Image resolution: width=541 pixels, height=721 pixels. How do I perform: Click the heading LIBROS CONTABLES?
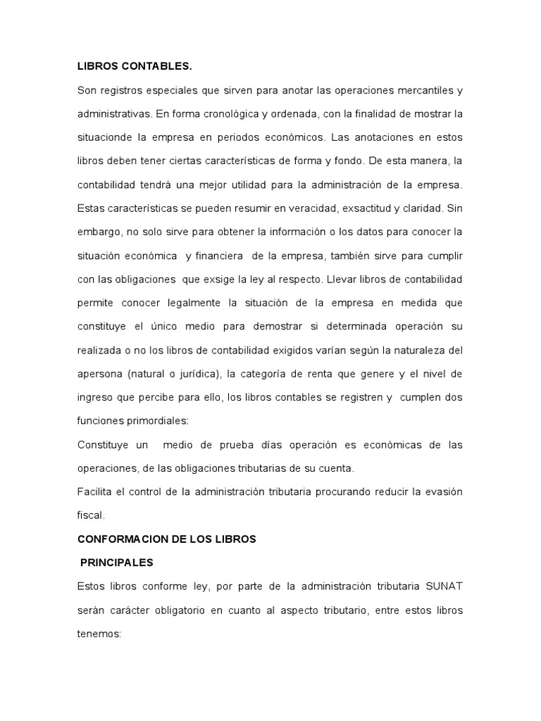click(134, 67)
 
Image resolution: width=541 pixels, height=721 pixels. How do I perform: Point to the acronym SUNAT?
click(444, 587)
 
